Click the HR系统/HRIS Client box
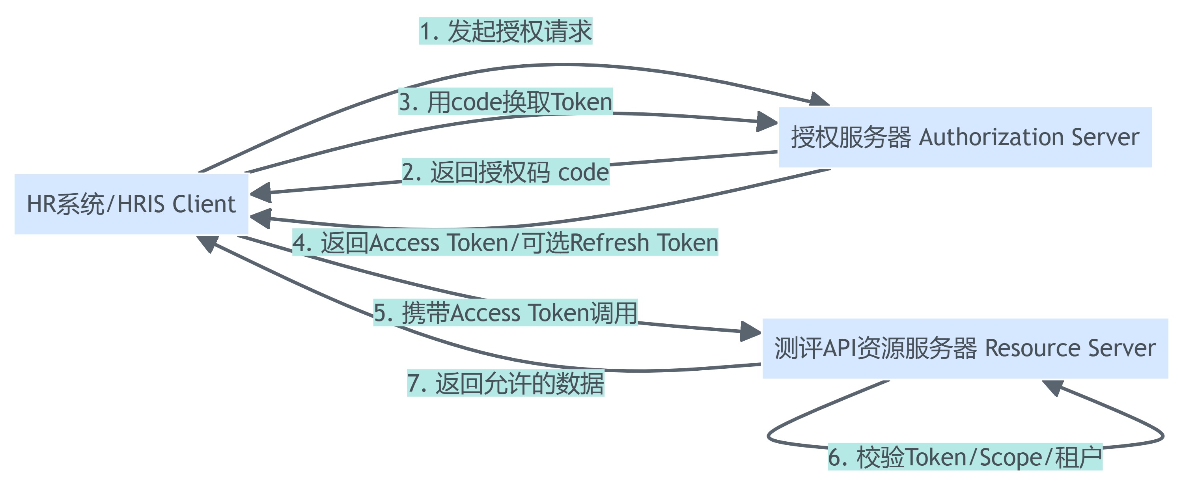(x=131, y=204)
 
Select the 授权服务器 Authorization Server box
(x=965, y=137)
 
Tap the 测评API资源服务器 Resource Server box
(x=965, y=348)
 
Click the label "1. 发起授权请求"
(x=506, y=31)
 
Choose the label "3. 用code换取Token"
(x=506, y=101)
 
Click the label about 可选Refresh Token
(x=505, y=243)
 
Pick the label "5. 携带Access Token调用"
(x=506, y=313)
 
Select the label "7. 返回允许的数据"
(x=506, y=383)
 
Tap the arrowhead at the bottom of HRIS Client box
(x=207, y=243)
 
